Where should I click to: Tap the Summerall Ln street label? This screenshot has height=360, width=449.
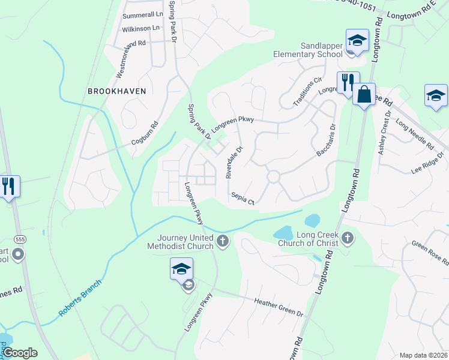coord(143,14)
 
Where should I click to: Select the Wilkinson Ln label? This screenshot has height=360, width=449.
coord(141,28)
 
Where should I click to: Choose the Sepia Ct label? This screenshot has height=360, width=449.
coord(243,199)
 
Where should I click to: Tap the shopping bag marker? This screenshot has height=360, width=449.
coord(364,94)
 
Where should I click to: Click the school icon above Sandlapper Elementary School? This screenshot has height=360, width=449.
coord(357,41)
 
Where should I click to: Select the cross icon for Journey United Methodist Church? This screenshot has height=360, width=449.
coord(223,241)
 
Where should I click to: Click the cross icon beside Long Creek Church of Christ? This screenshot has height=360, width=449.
coord(348,239)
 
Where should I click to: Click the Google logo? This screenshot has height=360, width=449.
coord(20,353)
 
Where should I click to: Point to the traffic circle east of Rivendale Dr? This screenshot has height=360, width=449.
coord(274,177)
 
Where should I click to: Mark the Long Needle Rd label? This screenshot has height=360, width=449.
coord(414,136)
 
